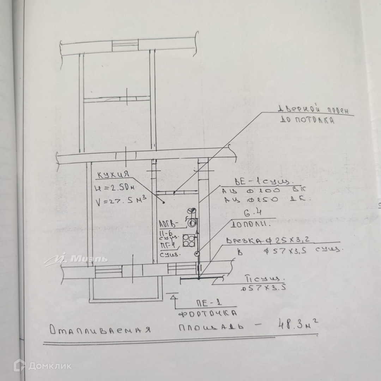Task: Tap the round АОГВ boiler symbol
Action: (x=192, y=222)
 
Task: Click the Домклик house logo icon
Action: (x=19, y=365)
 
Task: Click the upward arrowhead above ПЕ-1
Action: (x=173, y=297)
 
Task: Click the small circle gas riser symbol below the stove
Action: (x=196, y=253)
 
